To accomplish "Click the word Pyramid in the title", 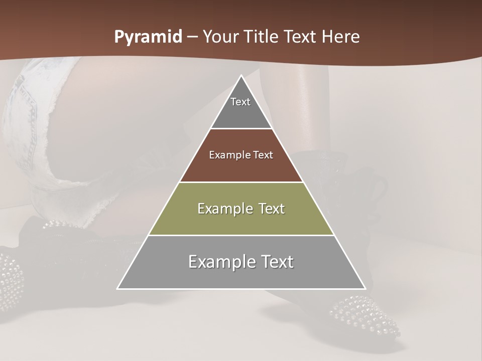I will [148, 37].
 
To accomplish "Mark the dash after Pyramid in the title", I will [192, 38].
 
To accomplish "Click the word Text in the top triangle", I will [240, 102].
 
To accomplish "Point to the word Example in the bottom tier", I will [219, 262].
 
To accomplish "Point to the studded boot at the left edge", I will [10, 281].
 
